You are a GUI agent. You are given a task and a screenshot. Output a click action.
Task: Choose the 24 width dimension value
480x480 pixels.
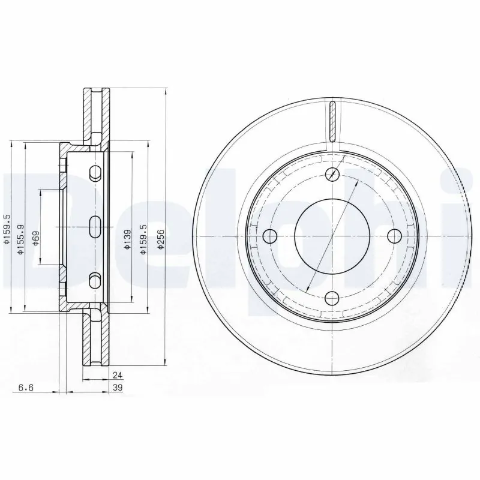click(x=118, y=375)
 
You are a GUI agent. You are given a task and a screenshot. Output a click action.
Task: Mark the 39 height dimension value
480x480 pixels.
click(x=118, y=388)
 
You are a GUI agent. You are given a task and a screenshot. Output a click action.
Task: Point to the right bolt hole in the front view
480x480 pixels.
click(x=394, y=235)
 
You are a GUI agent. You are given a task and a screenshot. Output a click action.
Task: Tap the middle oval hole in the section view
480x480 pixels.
click(x=95, y=226)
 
